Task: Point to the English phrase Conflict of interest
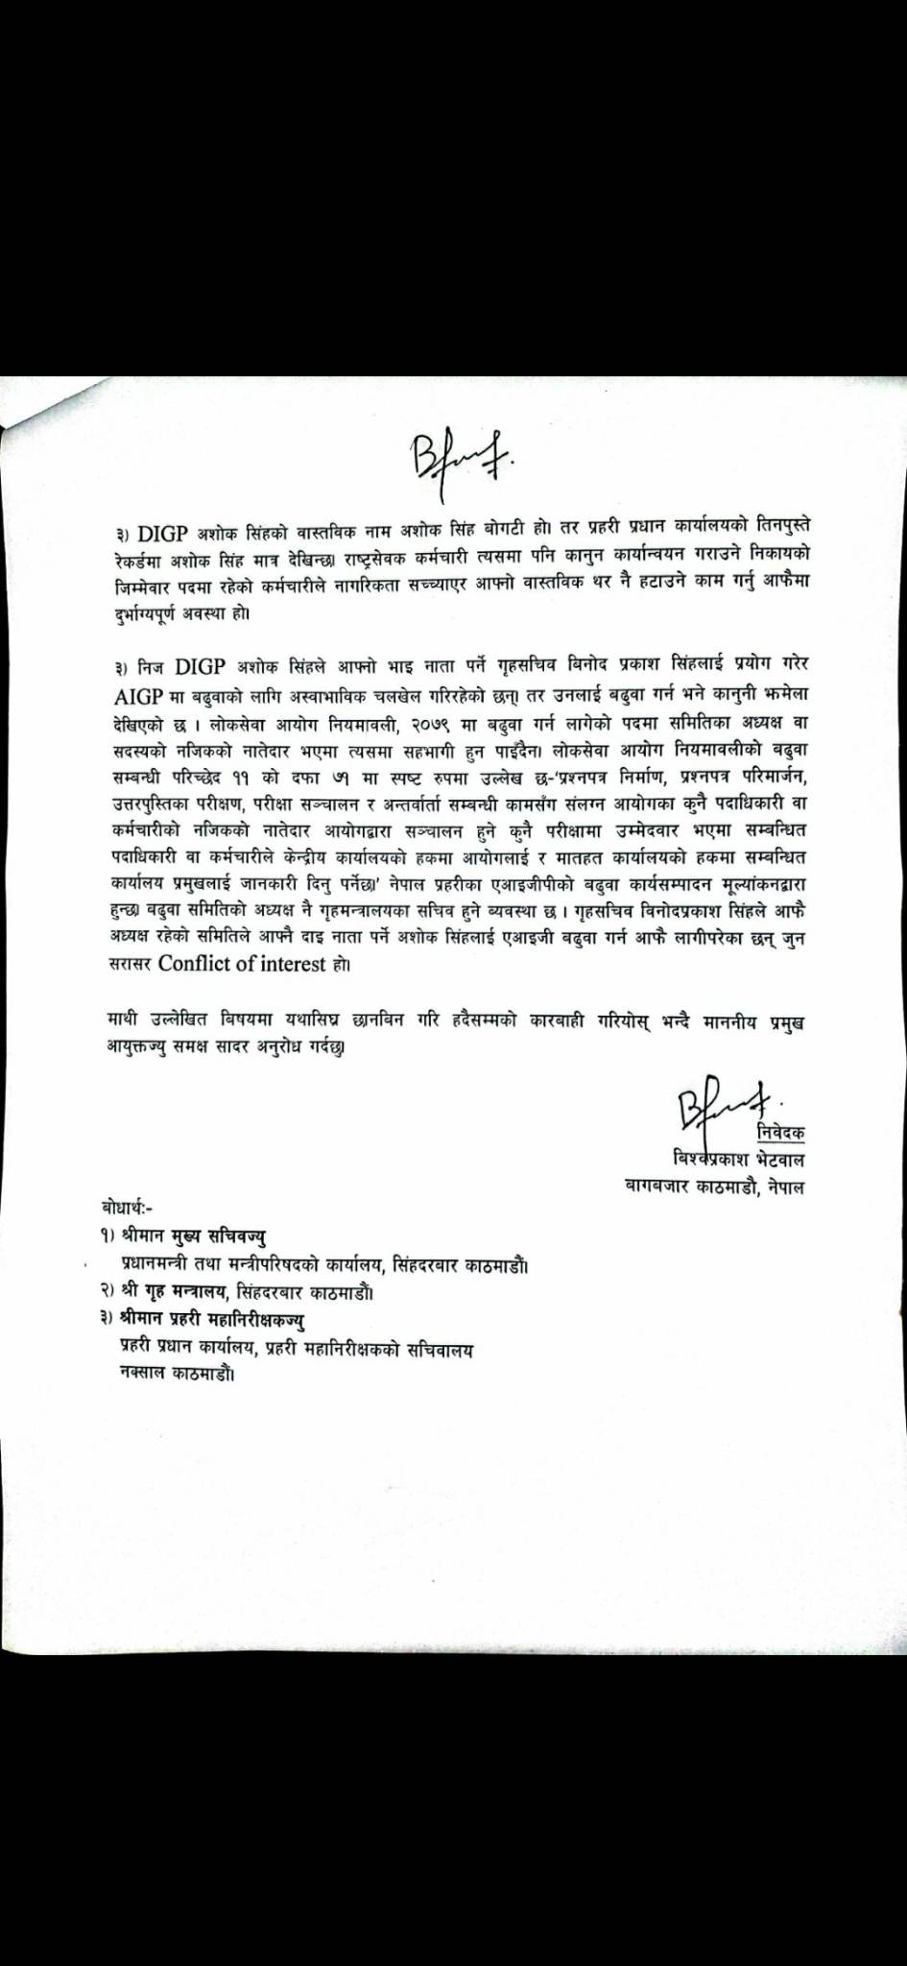coord(242,964)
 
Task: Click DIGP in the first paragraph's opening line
coord(164,533)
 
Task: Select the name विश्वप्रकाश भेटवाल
coord(738,1159)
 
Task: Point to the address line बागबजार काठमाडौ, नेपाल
coord(714,1187)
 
